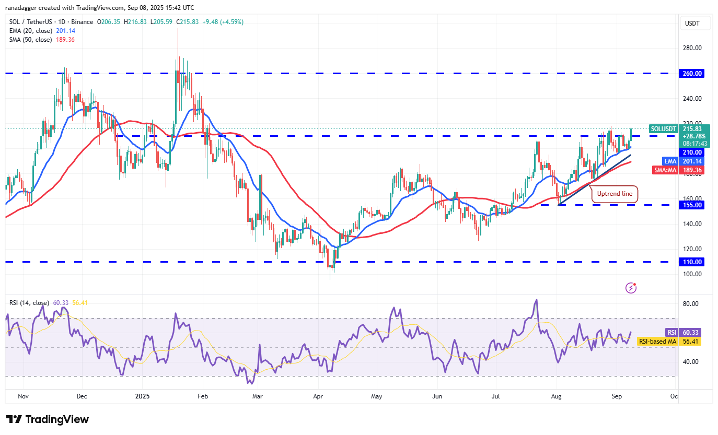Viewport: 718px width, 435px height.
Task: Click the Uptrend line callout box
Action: pyautogui.click(x=615, y=194)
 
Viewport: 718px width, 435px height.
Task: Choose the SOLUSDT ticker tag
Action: pyautogui.click(x=664, y=128)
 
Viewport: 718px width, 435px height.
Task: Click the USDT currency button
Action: pyautogui.click(x=692, y=23)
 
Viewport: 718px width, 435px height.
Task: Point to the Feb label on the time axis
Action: pyautogui.click(x=203, y=396)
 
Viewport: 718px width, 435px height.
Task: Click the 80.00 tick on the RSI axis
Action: pyautogui.click(x=691, y=304)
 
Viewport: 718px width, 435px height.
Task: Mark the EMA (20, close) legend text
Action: pyautogui.click(x=30, y=31)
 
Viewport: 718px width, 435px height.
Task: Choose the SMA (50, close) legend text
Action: pyautogui.click(x=30, y=40)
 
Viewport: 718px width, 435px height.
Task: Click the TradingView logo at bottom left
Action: pyautogui.click(x=48, y=419)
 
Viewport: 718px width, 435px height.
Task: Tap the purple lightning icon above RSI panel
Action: pyautogui.click(x=631, y=287)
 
